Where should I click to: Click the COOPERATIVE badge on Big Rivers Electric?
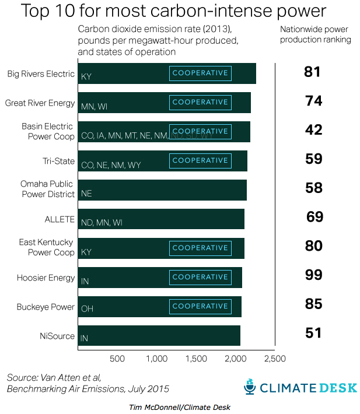click(200, 73)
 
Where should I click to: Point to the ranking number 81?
click(313, 72)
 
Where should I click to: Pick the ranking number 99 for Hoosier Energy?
click(313, 275)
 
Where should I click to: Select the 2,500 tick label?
click(274, 359)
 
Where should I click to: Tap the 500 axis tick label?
click(117, 359)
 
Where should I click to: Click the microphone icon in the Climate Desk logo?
click(250, 387)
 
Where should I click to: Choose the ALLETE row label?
click(60, 219)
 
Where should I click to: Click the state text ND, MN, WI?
click(102, 223)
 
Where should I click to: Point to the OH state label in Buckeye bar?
click(86, 309)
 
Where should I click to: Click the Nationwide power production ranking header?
click(315, 34)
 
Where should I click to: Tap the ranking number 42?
click(313, 130)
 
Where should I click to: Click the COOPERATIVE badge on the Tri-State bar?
click(200, 160)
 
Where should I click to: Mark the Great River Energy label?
click(40, 103)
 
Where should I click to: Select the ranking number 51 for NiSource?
click(313, 333)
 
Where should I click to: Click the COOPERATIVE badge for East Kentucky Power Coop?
click(200, 248)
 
